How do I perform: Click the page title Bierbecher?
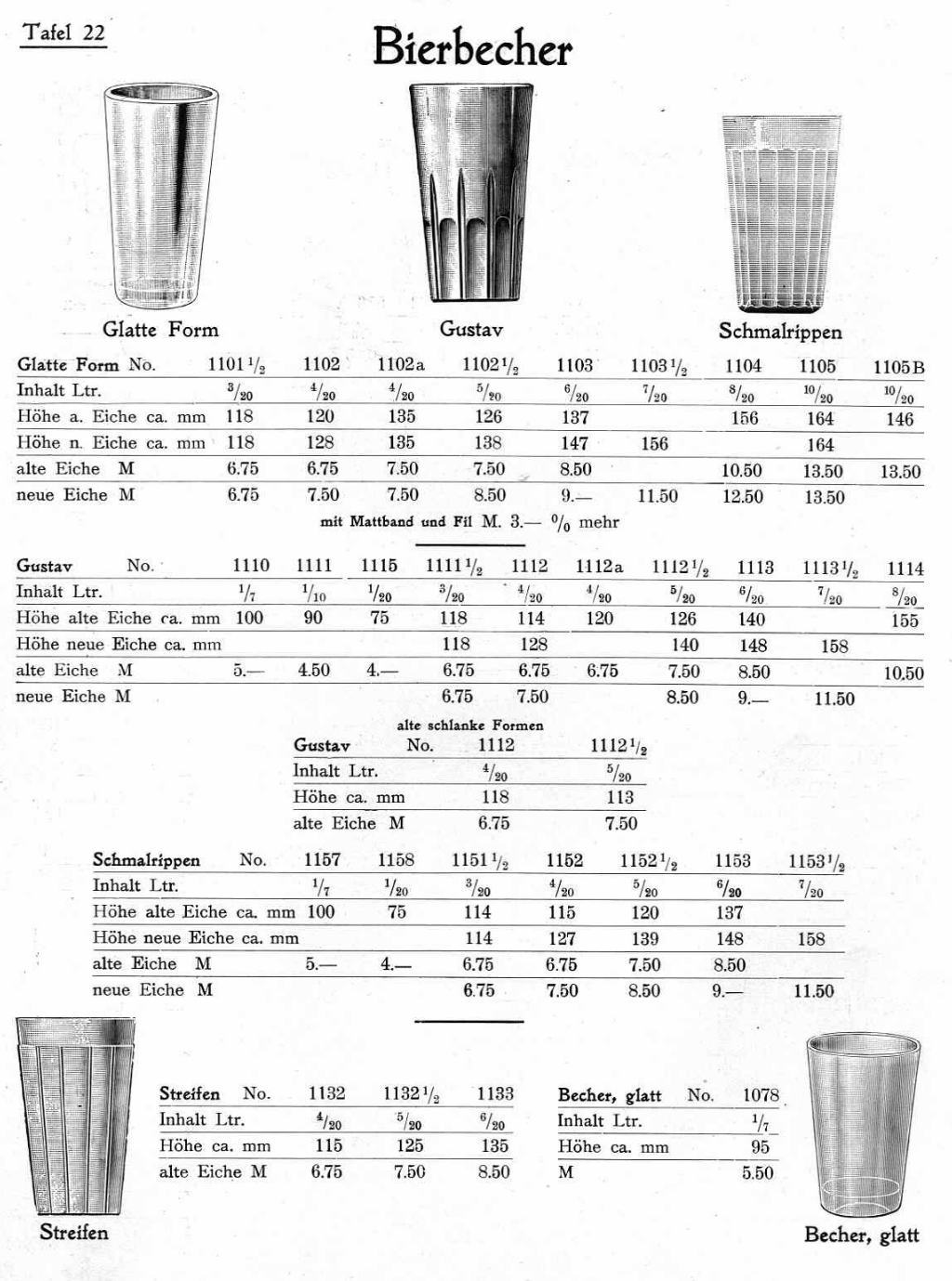pyautogui.click(x=471, y=46)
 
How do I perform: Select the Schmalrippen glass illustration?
pyautogui.click(x=782, y=214)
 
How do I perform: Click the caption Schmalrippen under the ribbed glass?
pyautogui.click(x=780, y=332)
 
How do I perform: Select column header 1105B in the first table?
pyautogui.click(x=899, y=367)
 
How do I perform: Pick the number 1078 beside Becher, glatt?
pyautogui.click(x=760, y=1095)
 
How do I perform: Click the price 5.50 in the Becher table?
pyautogui.click(x=758, y=1172)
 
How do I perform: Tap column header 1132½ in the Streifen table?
pyautogui.click(x=411, y=1094)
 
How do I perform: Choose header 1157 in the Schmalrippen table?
pyautogui.click(x=322, y=860)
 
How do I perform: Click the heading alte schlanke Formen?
pyautogui.click(x=470, y=725)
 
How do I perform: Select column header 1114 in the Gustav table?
pyautogui.click(x=905, y=569)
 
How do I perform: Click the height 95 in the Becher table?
pyautogui.click(x=760, y=1146)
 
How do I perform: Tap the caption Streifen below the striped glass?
pyautogui.click(x=73, y=1233)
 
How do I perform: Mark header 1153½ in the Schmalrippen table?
pyautogui.click(x=816, y=862)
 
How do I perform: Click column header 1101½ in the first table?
pyautogui.click(x=236, y=365)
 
